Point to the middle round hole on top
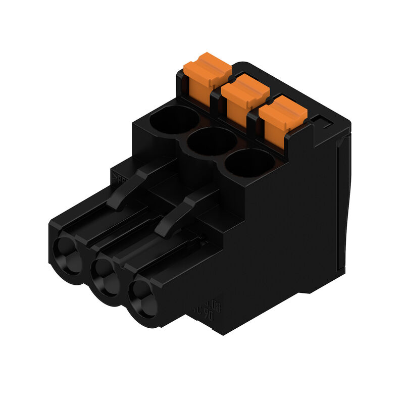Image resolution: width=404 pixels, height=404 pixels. pyautogui.click(x=212, y=142)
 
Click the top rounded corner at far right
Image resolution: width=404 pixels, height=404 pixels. pyautogui.click(x=346, y=119)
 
